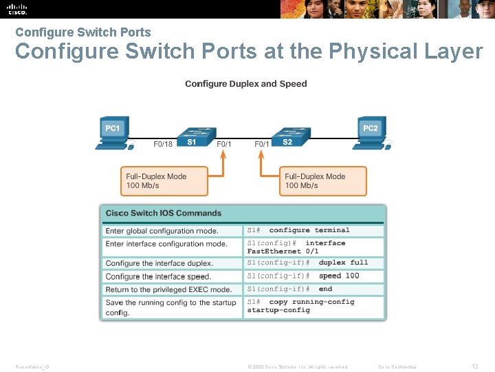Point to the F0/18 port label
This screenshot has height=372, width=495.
coord(163,145)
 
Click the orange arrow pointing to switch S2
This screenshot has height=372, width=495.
coord(261,165)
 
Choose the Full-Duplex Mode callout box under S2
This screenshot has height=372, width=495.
coord(322,180)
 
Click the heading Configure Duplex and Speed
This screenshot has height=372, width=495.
coord(246,84)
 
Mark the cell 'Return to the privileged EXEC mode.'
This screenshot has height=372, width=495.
coord(171,289)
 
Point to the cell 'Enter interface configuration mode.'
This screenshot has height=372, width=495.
coord(171,244)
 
